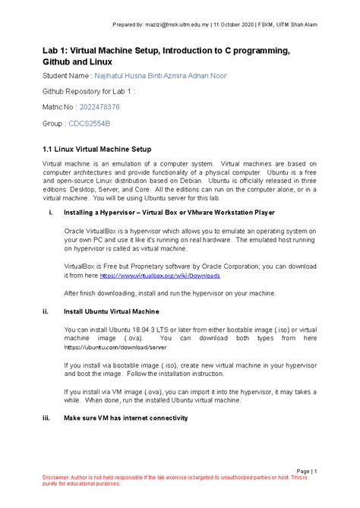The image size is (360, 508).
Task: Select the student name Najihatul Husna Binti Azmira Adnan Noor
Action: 159,76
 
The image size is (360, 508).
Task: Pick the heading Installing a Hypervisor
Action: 104,212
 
